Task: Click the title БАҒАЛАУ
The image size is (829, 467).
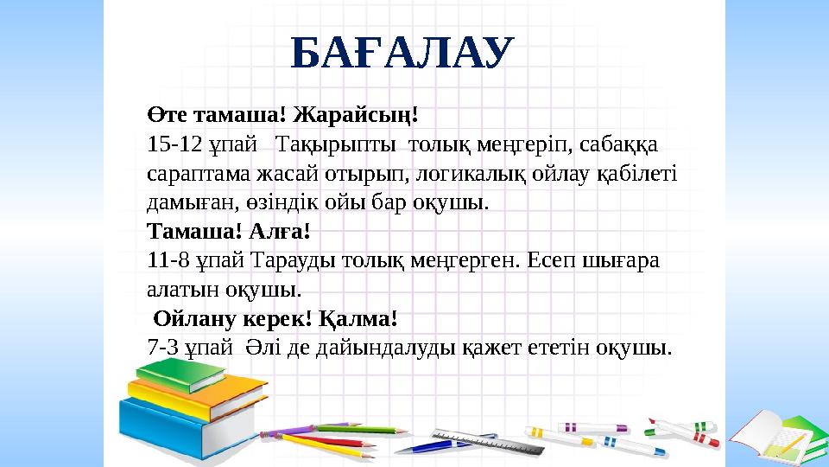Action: click(x=402, y=54)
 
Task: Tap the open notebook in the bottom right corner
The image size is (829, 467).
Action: click(x=774, y=437)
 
